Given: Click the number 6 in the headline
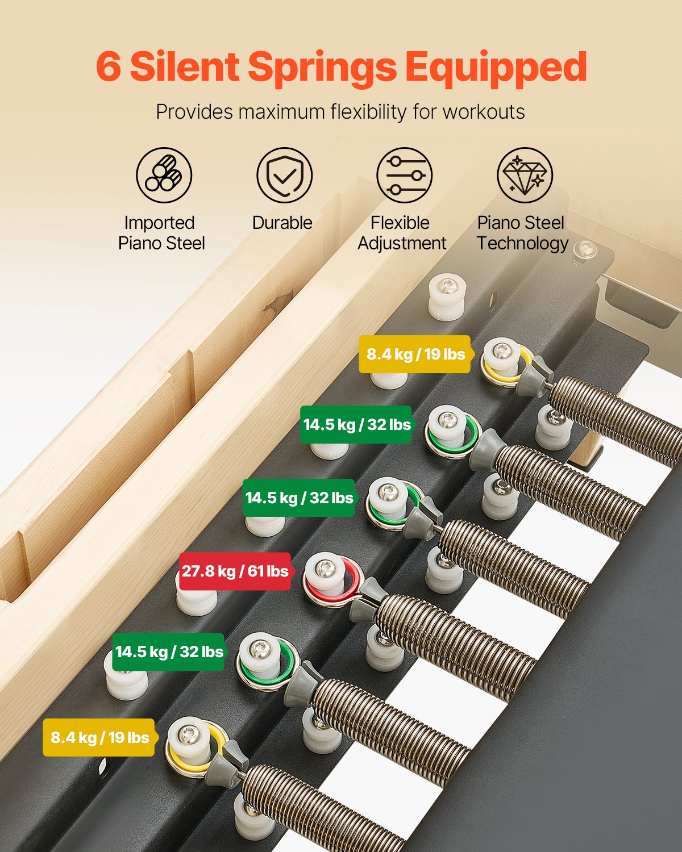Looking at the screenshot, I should click(x=109, y=67).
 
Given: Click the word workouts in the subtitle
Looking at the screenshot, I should click(x=484, y=112).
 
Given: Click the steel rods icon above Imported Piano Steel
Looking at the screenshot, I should click(x=164, y=176).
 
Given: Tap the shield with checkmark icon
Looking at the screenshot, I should click(x=284, y=176).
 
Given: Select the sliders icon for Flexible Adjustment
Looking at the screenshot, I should click(x=405, y=176).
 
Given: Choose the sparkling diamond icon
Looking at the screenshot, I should click(x=525, y=176).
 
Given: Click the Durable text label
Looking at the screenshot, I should click(x=282, y=223).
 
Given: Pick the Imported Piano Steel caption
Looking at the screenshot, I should click(x=161, y=233).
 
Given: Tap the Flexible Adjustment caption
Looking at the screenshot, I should click(x=402, y=233).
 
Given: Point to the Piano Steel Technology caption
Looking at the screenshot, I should click(x=522, y=233).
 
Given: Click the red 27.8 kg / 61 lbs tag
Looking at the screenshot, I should click(x=235, y=571).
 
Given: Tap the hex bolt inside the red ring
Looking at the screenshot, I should click(x=325, y=566).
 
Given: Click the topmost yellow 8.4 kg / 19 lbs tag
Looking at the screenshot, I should click(x=415, y=354).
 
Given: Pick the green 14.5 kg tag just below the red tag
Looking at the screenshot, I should click(x=169, y=651).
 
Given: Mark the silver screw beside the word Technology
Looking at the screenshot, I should click(x=585, y=248).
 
